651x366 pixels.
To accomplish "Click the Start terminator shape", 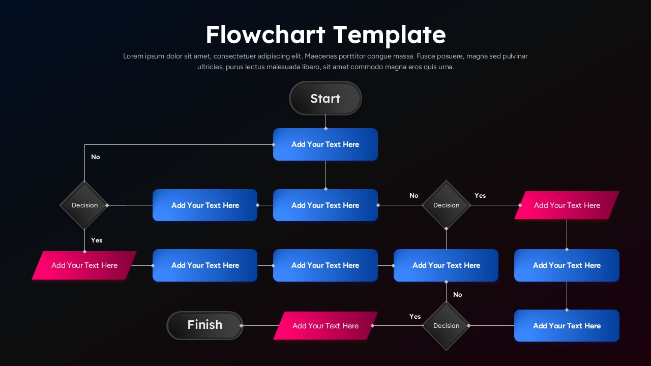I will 325,98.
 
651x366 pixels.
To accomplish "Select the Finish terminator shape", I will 205,325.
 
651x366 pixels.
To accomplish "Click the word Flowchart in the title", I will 265,35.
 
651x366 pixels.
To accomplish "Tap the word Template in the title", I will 390,35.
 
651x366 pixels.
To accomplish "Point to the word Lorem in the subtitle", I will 133,56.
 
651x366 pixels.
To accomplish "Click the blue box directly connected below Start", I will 325,144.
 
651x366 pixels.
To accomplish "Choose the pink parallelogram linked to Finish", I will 325,326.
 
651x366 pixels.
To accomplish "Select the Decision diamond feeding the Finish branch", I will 446,326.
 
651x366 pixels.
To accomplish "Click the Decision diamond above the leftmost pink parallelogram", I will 84,205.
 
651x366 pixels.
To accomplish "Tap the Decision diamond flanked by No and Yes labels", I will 446,205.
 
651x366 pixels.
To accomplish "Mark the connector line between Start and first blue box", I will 325,121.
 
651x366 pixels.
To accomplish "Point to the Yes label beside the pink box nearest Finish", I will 415,316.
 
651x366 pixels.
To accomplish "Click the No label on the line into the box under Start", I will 96,157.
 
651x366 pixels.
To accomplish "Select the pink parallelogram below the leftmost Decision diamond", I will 84,265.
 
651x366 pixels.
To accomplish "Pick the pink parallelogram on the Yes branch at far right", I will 567,205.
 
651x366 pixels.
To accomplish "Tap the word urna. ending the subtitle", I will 445,67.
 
